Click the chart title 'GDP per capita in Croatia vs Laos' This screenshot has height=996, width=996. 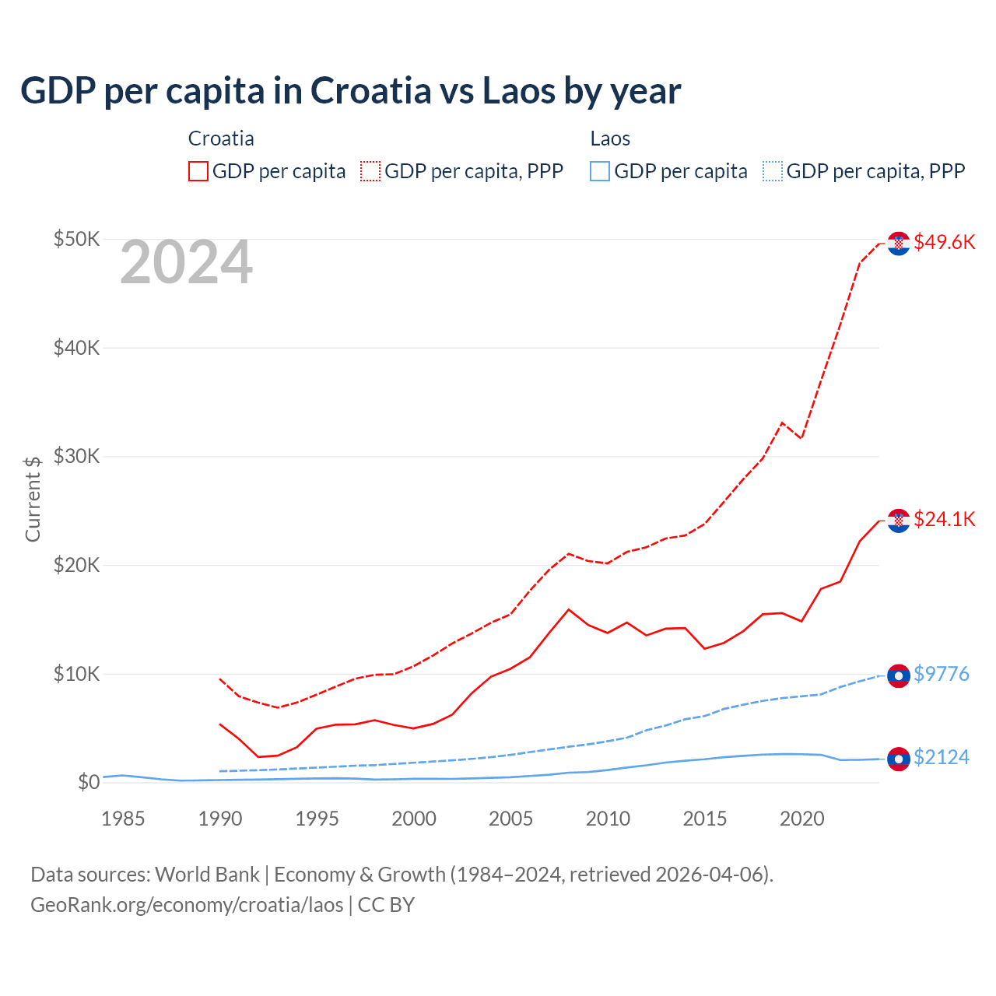coord(350,91)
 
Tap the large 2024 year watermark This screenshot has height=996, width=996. coord(186,263)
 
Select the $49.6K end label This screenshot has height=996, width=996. coord(944,242)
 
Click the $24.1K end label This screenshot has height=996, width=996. coord(944,519)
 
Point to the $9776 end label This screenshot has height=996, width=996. coord(941,674)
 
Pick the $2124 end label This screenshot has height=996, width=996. coord(941,757)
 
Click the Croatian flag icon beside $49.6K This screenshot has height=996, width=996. coord(899,244)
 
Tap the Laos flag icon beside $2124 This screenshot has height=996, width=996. coord(899,759)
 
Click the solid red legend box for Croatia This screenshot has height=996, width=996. coord(198,171)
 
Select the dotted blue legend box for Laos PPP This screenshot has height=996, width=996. coord(773,171)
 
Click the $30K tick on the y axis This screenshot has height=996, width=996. coord(76,456)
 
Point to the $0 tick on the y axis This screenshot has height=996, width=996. coord(88,782)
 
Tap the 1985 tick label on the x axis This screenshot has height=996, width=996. coord(123,819)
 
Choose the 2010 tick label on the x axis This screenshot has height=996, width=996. coord(608,819)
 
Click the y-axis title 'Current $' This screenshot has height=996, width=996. coord(33,499)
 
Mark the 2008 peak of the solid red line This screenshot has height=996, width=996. coord(569,609)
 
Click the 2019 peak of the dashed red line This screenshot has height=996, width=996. coord(782,423)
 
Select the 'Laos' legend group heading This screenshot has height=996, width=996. coord(610,139)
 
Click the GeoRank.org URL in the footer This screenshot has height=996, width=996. coord(187,905)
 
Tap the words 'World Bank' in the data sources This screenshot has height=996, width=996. coord(207,875)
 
